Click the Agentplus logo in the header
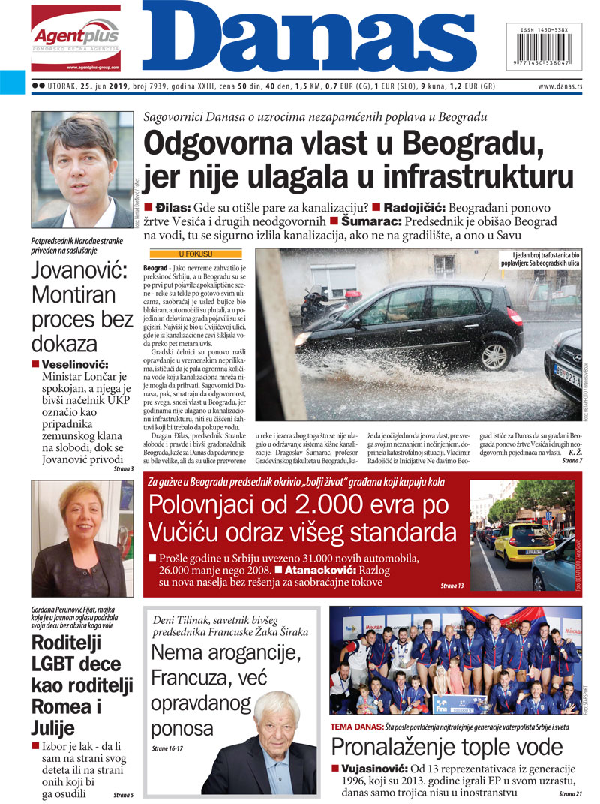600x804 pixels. pos(75,38)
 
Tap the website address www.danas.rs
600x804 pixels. pos(560,87)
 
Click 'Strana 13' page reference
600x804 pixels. pos(452,585)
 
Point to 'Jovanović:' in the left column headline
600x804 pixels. pos(79,270)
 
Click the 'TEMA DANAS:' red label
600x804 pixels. pos(356,727)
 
